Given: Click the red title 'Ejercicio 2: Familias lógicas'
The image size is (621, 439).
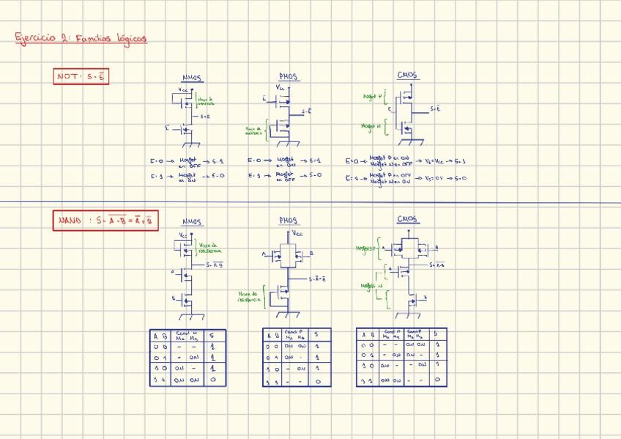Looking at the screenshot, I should point(81,38).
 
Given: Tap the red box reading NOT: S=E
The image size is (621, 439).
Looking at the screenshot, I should point(81,75).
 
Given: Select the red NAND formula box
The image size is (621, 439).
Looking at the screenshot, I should point(106,220).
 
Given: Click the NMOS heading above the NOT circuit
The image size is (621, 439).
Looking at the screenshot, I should point(192,78).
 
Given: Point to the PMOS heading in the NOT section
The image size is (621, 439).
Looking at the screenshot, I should point(289,77).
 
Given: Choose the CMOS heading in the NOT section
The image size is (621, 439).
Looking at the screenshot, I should point(408,75).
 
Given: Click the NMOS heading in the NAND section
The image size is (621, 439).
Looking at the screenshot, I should point(192,222).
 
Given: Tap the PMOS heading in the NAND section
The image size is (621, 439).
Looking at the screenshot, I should point(289,221).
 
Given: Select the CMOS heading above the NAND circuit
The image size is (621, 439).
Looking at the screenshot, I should point(408,219).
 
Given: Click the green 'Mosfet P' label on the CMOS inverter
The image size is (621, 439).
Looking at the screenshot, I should point(373,96).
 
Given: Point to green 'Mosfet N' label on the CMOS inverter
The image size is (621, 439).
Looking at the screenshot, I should point(371,126).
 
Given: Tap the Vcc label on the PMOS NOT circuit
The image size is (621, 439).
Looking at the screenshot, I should point(280,87).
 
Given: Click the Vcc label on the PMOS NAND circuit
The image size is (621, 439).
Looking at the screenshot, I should point(298,233).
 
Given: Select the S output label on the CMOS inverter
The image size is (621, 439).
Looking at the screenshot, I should point(435,108).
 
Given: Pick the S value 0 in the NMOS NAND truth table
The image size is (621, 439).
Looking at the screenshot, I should point(212,380).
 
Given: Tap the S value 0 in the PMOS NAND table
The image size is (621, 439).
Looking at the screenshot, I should point(318,381).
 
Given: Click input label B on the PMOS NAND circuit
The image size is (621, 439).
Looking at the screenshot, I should point(312,254).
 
